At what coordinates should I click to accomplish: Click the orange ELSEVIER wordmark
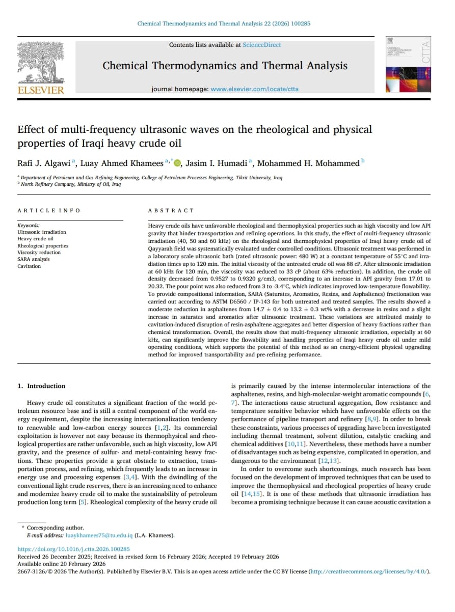(41, 90)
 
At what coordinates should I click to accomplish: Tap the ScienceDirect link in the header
(261, 45)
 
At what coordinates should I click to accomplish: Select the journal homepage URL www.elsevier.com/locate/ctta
(254, 89)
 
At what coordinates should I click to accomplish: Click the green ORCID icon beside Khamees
(177, 163)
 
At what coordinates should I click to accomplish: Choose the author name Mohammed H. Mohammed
(308, 163)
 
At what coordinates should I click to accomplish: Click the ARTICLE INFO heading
(48, 210)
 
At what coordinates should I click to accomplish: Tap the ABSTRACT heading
(171, 210)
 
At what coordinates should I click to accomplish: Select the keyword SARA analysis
(34, 259)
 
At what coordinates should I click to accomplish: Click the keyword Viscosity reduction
(39, 253)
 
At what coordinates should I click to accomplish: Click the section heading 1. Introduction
(41, 386)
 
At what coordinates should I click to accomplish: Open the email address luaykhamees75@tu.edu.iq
(99, 535)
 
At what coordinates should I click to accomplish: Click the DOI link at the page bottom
(73, 549)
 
